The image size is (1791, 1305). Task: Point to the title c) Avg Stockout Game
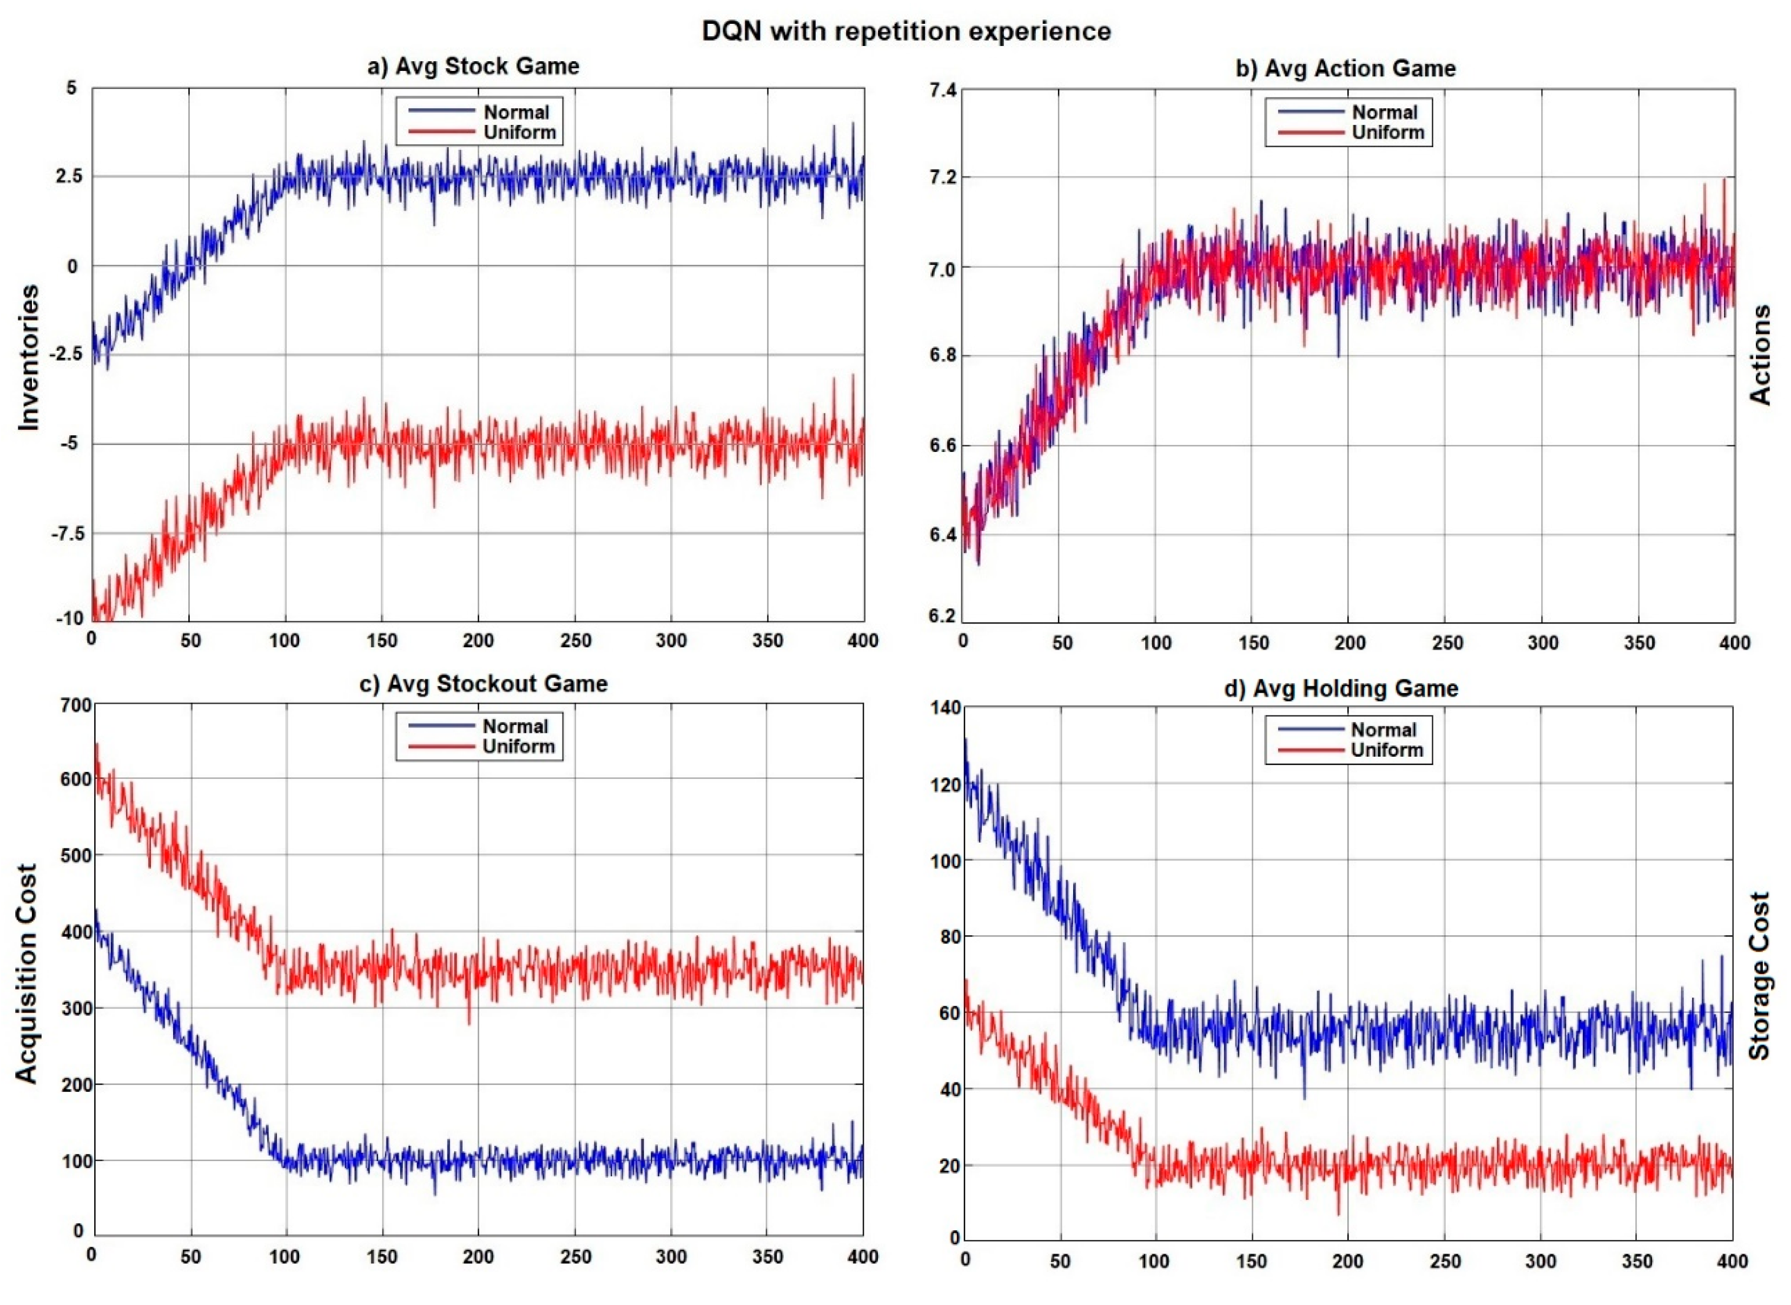click(483, 684)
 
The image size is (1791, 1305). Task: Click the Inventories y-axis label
click(29, 357)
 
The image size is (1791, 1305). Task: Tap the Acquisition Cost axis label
click(27, 973)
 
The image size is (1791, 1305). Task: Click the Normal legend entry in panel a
click(516, 112)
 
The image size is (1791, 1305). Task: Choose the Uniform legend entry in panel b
click(1387, 133)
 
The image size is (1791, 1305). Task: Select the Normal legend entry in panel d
click(1384, 730)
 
